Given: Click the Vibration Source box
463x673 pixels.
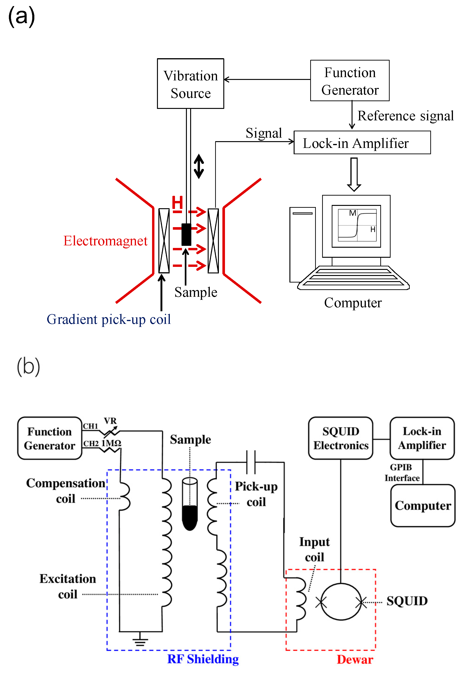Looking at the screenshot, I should (x=190, y=84).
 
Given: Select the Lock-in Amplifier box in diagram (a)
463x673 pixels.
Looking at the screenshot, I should (x=362, y=143).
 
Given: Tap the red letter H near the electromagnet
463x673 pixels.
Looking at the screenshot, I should (x=177, y=202).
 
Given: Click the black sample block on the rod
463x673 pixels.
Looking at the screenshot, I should (x=186, y=234).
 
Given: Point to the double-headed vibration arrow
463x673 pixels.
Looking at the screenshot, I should (x=199, y=166).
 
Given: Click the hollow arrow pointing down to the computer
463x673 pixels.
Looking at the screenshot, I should (x=354, y=174).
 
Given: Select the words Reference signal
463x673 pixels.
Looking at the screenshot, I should (x=405, y=116).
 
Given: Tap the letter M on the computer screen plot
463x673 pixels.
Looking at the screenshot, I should (x=353, y=213).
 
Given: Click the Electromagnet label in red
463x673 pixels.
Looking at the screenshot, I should (x=105, y=241).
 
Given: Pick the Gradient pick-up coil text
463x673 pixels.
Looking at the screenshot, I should (x=109, y=319).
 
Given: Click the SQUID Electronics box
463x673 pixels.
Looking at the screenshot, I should (x=341, y=438).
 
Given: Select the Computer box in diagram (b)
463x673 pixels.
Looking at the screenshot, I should (x=423, y=505).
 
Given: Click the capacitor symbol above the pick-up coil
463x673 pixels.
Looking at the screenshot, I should (x=251, y=458).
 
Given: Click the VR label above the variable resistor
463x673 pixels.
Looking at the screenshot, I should (x=110, y=421).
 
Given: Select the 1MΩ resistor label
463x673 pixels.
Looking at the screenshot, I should (x=111, y=443).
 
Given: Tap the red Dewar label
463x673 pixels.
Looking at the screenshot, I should (x=355, y=660).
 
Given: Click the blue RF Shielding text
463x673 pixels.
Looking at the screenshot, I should (x=203, y=659).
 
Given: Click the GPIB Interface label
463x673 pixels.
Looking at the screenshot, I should (x=402, y=473).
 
